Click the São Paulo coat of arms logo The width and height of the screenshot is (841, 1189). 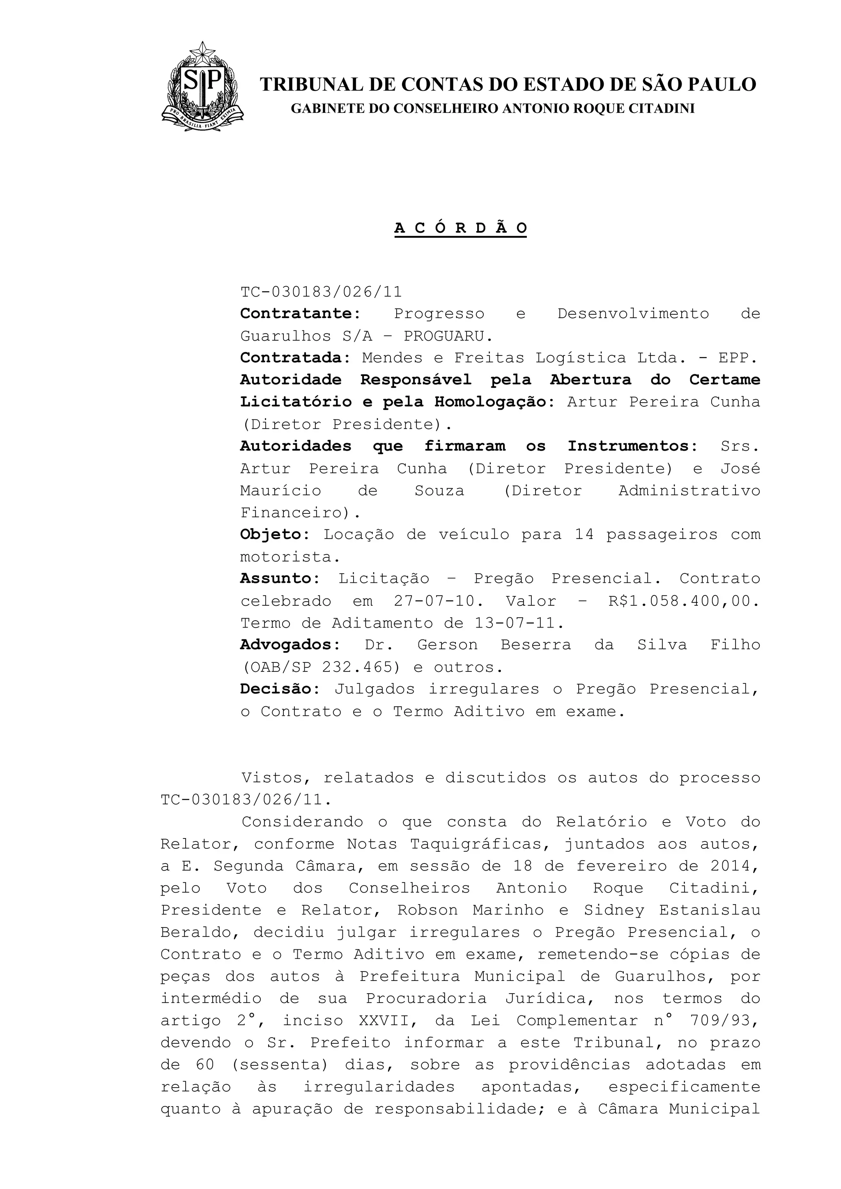[x=202, y=87]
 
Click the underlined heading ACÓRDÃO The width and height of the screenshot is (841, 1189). [x=460, y=228]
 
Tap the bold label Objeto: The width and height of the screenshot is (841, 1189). [x=275, y=534]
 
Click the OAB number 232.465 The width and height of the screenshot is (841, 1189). [x=361, y=667]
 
